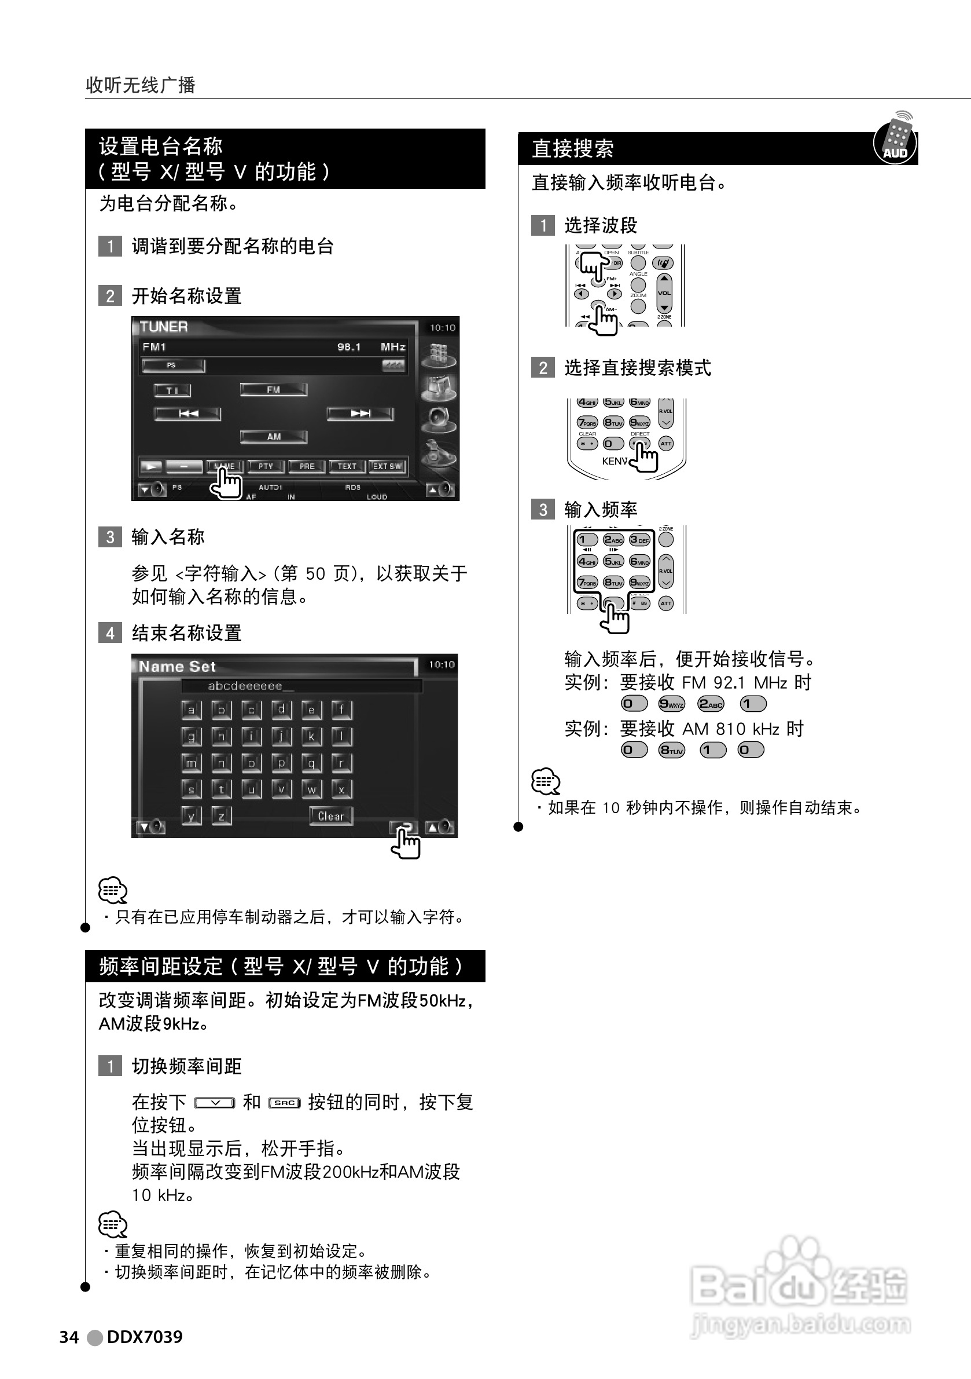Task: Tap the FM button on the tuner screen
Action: point(274,389)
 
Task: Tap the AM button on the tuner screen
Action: point(274,437)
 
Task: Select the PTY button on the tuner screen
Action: point(265,466)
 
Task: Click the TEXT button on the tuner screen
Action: point(347,466)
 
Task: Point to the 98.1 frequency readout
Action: point(350,346)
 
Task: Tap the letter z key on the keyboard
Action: point(222,815)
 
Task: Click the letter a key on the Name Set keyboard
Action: point(192,710)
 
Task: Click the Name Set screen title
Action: point(177,666)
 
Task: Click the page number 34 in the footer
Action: point(69,1336)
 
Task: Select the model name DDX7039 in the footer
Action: point(145,1336)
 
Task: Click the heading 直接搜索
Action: point(572,148)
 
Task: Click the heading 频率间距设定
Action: point(161,966)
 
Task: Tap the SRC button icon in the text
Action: point(284,1103)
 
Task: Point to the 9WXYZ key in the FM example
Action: point(671,703)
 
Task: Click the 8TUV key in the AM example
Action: point(671,749)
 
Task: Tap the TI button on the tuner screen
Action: point(172,390)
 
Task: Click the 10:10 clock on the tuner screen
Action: point(442,327)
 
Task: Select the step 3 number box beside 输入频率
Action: point(543,509)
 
